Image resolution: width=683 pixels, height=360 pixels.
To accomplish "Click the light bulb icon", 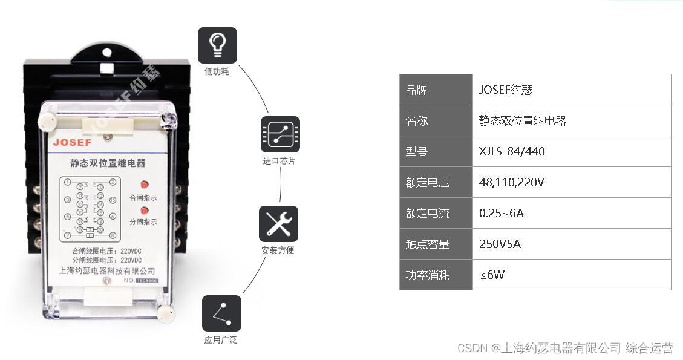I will click(x=217, y=45).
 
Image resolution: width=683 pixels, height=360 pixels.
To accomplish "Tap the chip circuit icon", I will click(x=280, y=134).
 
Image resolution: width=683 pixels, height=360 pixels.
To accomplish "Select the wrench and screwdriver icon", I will click(x=278, y=224).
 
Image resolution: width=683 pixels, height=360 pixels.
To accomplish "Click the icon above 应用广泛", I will click(x=221, y=313).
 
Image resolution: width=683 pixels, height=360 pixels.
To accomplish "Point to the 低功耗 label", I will click(x=217, y=72).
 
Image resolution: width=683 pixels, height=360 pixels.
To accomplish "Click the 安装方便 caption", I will click(x=278, y=250).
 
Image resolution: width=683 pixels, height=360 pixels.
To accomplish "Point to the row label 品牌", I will click(x=417, y=90).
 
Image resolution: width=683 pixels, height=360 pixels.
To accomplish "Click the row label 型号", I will click(x=417, y=151).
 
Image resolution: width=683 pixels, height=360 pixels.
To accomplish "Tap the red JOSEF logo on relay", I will click(x=72, y=143).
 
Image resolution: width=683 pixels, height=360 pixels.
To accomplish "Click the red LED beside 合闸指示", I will click(x=144, y=185).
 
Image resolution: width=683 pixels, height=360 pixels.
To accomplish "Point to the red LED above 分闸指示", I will click(x=144, y=211).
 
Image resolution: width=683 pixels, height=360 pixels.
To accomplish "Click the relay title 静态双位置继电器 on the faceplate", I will click(x=108, y=163).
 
